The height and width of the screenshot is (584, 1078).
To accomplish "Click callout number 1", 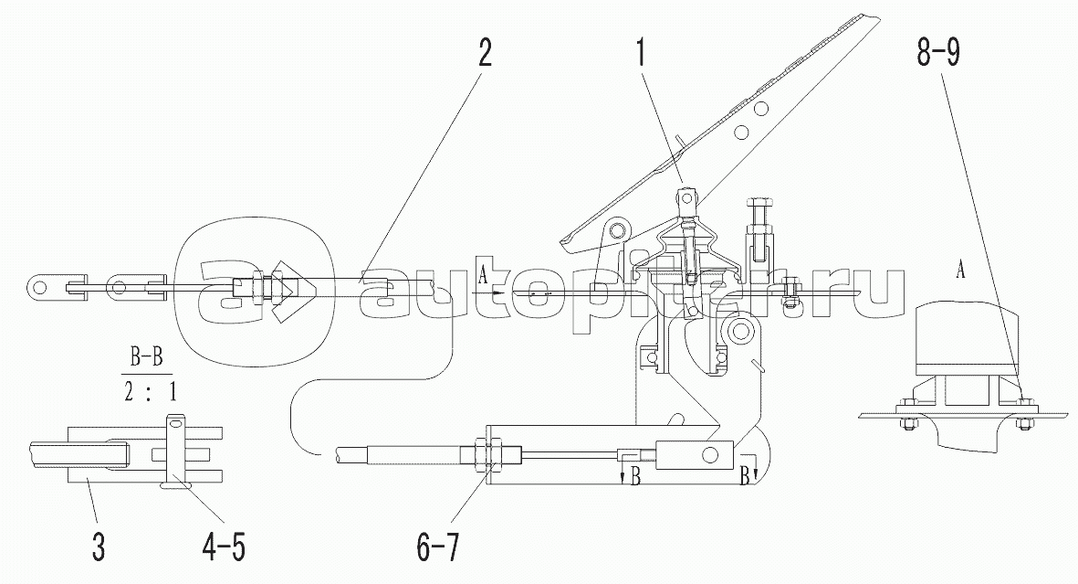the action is pyautogui.click(x=642, y=53).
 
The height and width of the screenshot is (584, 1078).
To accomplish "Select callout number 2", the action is pyautogui.click(x=486, y=53).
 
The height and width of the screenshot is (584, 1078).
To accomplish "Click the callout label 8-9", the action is pyautogui.click(x=938, y=53).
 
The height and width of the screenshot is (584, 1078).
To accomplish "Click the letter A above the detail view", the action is pyautogui.click(x=959, y=271).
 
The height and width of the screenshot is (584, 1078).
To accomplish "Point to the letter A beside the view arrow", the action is pyautogui.click(x=483, y=276).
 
